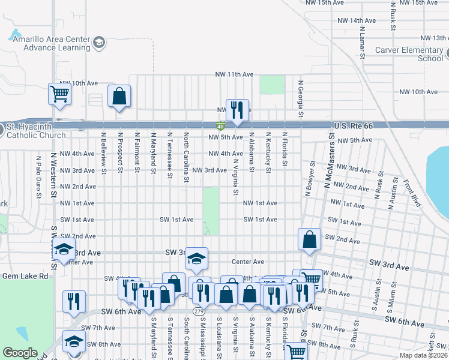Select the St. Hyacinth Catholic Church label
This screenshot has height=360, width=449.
coord(36,131)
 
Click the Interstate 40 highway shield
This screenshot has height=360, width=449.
coord(220,125)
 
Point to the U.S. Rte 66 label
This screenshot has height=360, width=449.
coord(352,125)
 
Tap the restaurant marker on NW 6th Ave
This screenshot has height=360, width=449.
coord(237,109)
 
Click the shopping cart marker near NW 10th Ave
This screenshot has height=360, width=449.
coord(59,93)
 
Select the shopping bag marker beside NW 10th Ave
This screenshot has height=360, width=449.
coord(119,95)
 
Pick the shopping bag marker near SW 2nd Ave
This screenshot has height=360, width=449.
coord(309,239)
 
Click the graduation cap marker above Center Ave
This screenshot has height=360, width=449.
coord(196,259)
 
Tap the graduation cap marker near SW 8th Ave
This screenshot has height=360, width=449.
coord(74,341)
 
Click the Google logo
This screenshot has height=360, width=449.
coord(20,353)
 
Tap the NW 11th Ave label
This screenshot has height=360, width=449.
coord(235,74)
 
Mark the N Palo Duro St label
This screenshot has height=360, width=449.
coord(38,177)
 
